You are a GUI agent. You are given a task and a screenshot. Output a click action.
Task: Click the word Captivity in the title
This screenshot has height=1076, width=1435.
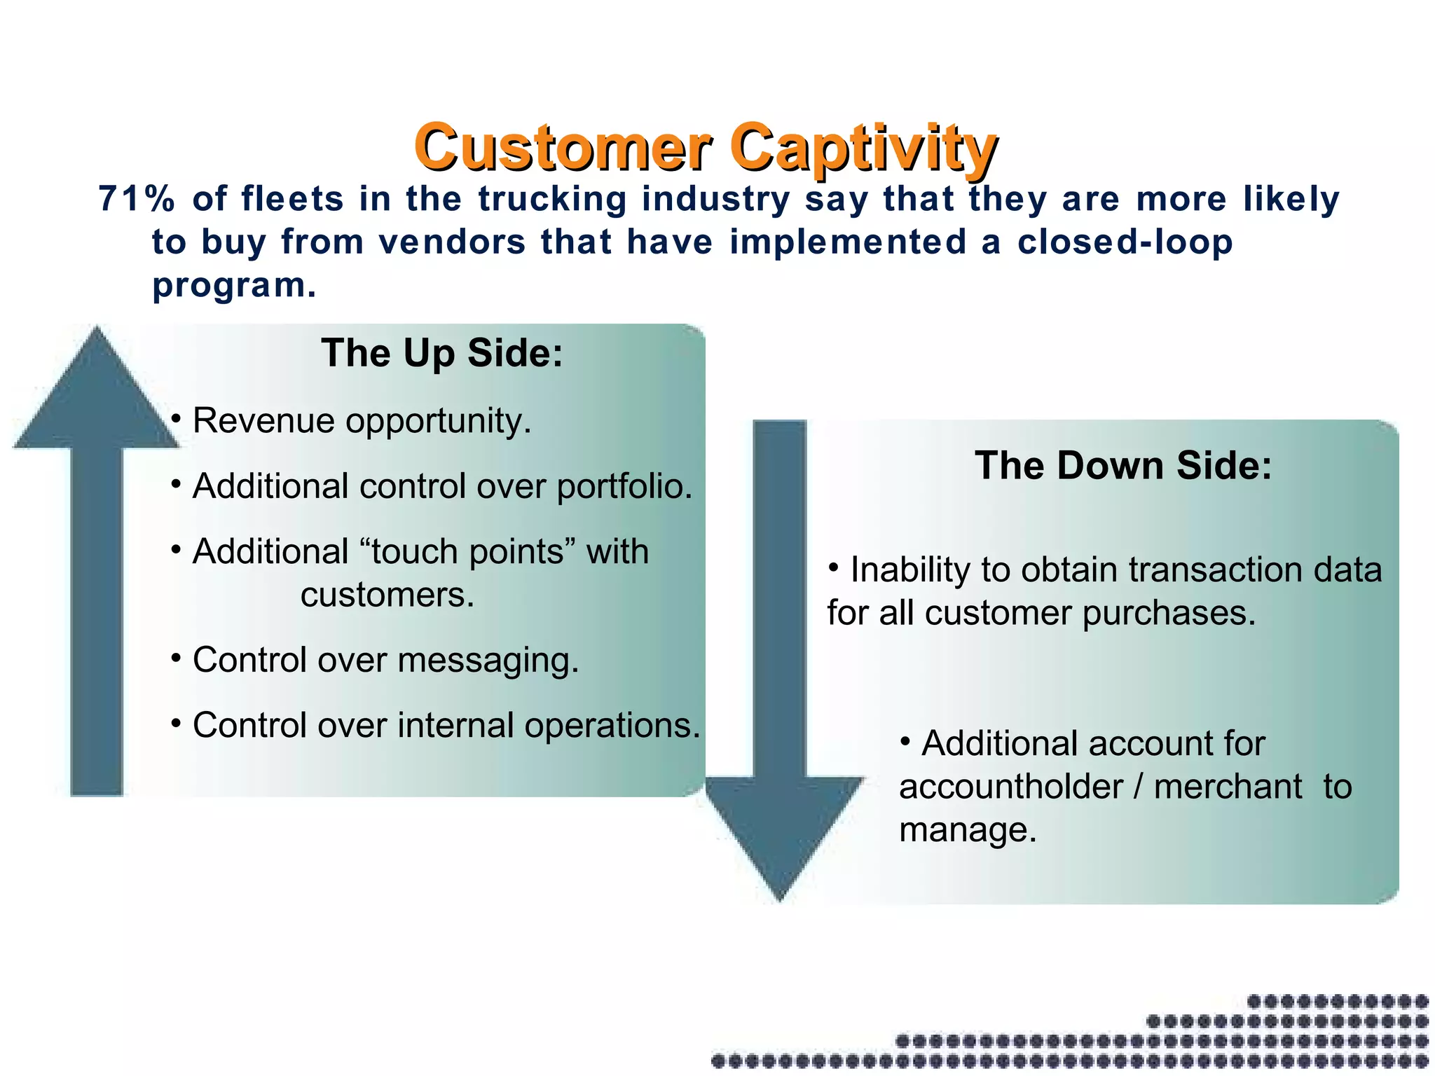click(x=863, y=148)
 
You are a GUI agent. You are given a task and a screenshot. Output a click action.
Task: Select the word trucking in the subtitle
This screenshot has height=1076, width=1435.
click(x=552, y=199)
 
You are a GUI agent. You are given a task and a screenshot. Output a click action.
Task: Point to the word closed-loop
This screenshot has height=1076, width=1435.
click(x=1125, y=242)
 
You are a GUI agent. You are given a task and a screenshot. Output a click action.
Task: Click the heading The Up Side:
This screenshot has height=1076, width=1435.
click(x=442, y=353)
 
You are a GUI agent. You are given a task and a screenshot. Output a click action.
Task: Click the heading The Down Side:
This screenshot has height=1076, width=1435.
click(x=1123, y=466)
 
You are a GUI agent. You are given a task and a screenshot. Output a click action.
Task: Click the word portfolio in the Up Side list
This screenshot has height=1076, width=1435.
click(x=624, y=487)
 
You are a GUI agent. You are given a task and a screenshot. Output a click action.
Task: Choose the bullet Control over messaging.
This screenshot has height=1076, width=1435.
click(x=385, y=660)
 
